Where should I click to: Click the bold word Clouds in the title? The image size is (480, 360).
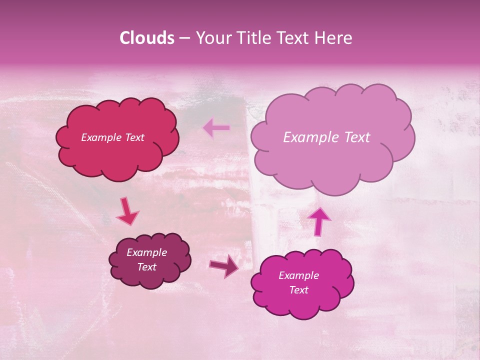tap(147, 38)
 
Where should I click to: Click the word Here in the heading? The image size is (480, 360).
tap(334, 38)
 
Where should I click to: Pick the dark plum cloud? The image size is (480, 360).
tap(150, 277)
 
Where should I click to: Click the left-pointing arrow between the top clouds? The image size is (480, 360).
tap(216, 128)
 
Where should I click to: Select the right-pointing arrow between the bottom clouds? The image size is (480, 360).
tap(224, 266)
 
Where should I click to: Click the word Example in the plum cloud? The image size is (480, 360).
tap(146, 252)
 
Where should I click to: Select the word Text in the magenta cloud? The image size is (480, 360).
tap(298, 290)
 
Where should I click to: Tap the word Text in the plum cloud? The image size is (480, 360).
tap(146, 267)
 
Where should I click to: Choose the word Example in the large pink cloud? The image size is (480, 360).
tap(308, 137)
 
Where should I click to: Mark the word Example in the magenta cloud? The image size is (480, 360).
tap(298, 275)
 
